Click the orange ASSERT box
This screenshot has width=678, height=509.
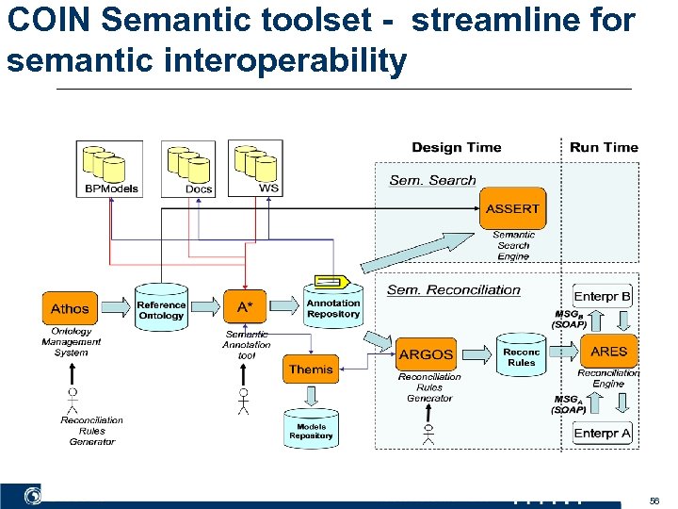pos(513,208)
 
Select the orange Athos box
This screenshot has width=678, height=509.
pos(70,308)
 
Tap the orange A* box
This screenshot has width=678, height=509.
pos(245,307)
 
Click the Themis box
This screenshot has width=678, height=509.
pos(311,369)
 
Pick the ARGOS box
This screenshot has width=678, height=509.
pos(427,354)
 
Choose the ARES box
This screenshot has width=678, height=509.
pos(608,351)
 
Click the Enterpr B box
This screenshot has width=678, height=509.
pos(603,296)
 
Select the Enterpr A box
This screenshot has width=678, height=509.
pos(603,433)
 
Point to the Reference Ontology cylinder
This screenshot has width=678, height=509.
pos(161,310)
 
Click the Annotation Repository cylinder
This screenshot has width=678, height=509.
pos(332,307)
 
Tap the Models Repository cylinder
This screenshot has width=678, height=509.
pos(311,431)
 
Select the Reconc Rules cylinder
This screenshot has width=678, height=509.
pos(521,356)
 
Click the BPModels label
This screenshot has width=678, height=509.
pos(111,189)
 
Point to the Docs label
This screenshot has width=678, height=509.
pos(199,189)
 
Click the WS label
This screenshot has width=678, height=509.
pos(268,188)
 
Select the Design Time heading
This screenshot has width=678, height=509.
pos(457,147)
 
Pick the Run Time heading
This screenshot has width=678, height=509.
pos(604,147)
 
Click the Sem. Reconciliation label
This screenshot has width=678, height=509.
pos(454,289)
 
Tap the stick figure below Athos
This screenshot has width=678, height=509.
pos(72,398)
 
